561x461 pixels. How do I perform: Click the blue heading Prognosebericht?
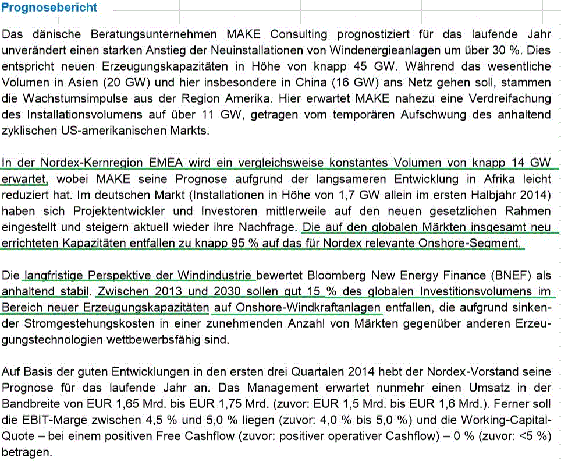[49, 8]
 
